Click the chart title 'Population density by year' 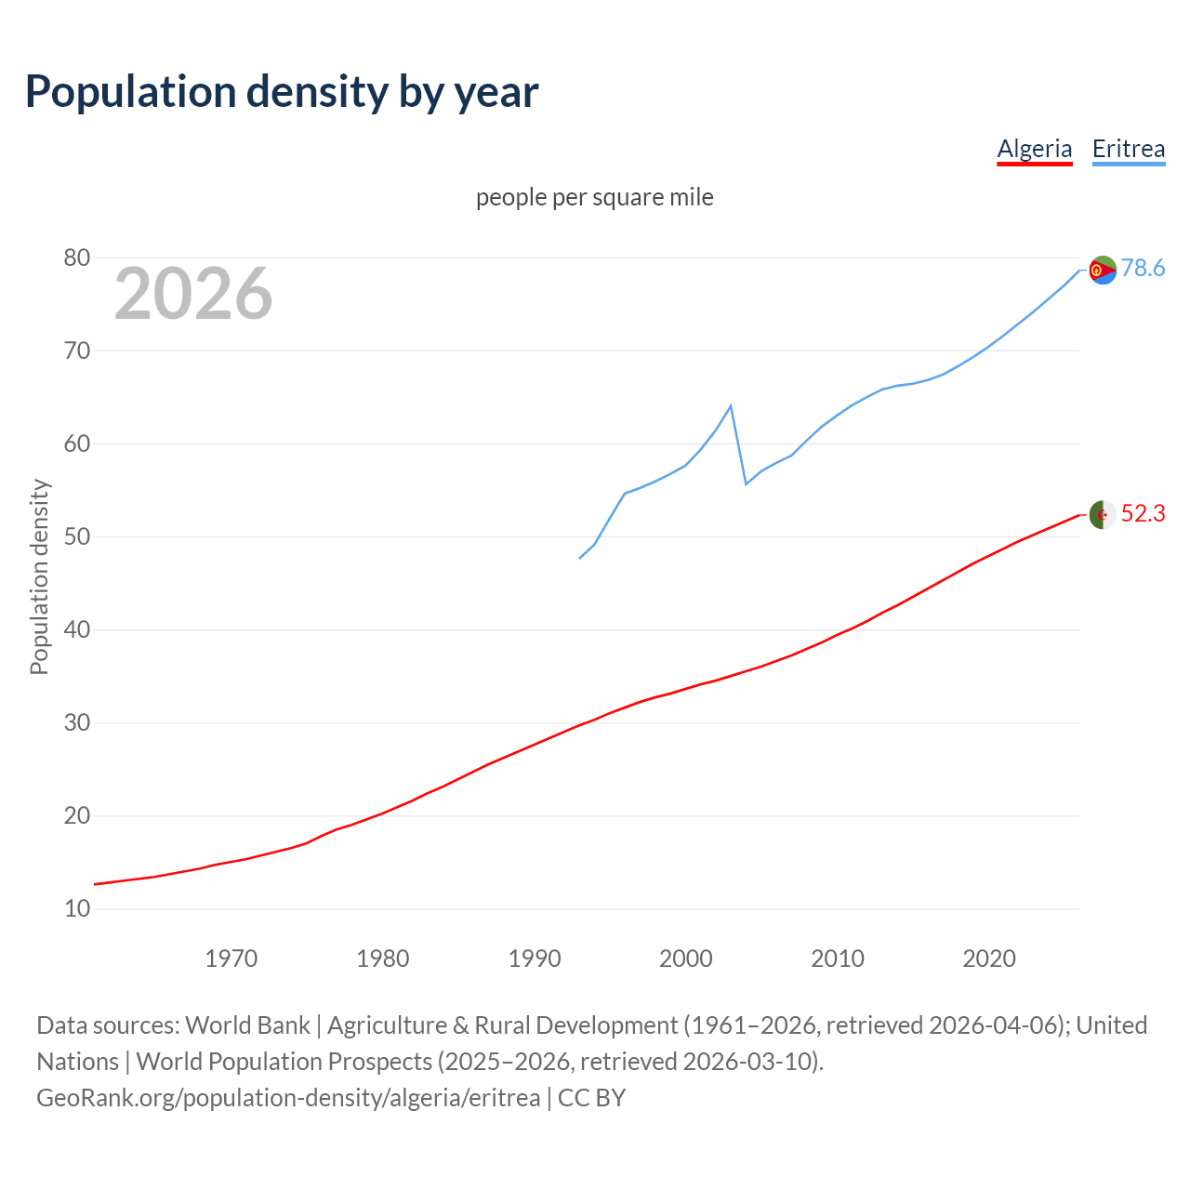point(282,92)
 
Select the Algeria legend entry point(1034,149)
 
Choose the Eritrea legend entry point(1128,149)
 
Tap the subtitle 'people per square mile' point(594,197)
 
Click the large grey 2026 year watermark point(193,294)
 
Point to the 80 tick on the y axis point(77,258)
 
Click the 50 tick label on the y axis point(77,536)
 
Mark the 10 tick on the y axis point(77,908)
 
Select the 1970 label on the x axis point(231,958)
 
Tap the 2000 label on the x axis point(685,958)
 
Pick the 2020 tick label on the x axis point(988,958)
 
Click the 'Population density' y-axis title point(39,576)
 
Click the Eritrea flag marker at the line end point(1103,270)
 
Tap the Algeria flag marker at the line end point(1103,514)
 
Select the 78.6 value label point(1143,269)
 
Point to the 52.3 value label point(1143,514)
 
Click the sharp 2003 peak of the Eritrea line point(731,406)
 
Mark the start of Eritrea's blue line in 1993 point(580,558)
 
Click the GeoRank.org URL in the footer point(288,1098)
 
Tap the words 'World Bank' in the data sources point(247,1025)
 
